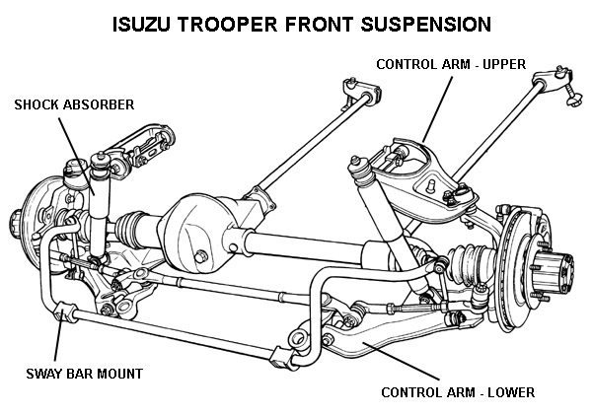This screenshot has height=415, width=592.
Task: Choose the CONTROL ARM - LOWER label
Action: click(x=458, y=391)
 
